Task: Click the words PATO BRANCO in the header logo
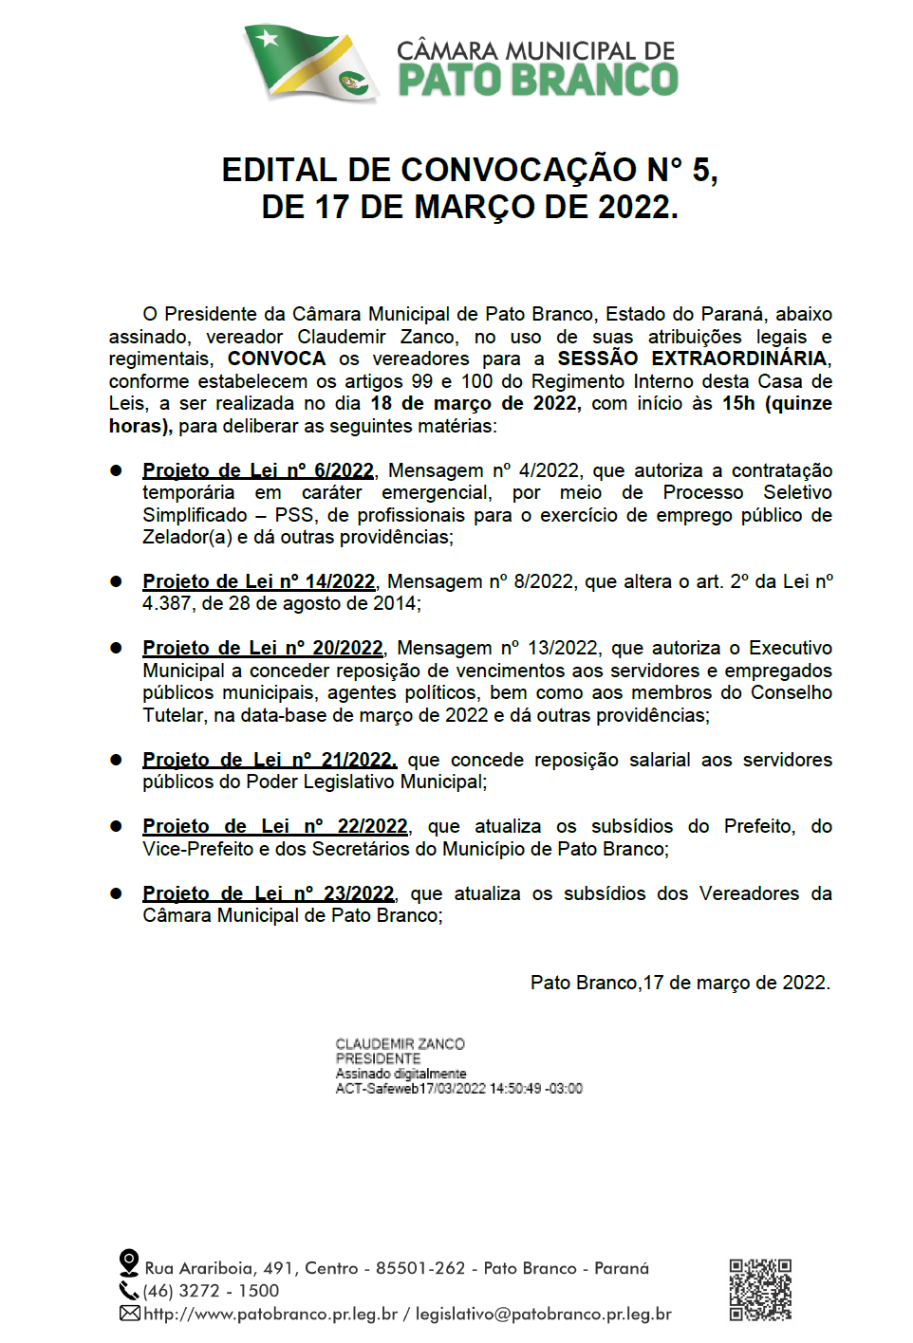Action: coord(537,81)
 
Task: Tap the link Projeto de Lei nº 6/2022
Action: coord(258,470)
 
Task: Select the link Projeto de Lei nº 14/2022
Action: coord(259,581)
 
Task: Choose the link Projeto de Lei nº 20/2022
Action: coord(263,648)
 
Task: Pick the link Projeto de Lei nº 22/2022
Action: coord(275,826)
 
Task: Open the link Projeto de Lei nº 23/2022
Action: coord(268,893)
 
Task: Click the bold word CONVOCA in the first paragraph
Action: coord(276,359)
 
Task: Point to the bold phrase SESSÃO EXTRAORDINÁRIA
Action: coord(692,359)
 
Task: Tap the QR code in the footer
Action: coord(760,1290)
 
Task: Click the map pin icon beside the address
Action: coord(129,1263)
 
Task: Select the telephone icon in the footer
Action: coord(129,1291)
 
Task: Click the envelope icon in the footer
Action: coord(130,1314)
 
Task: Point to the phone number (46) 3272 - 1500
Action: coord(211,1291)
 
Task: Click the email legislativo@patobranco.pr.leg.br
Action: coord(543,1315)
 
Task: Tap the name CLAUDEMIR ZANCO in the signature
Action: coord(400,1044)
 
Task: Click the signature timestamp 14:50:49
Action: coord(516,1089)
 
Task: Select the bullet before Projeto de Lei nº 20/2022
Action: coord(117,649)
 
